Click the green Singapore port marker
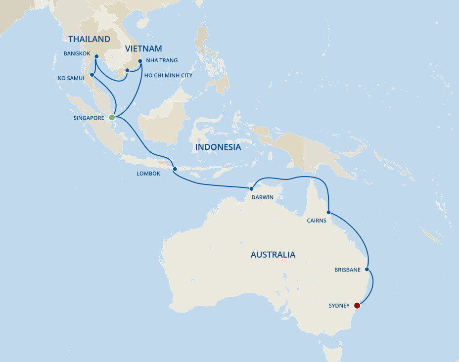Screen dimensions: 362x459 pyautogui.click(x=112, y=117)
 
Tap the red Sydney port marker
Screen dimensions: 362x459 pyautogui.click(x=358, y=306)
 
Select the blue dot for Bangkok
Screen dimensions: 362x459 pyautogui.click(x=96, y=56)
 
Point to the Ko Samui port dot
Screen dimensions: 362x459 pyautogui.click(x=92, y=75)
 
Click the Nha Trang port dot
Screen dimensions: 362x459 pyautogui.click(x=140, y=61)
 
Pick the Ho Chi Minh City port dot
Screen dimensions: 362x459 pyautogui.click(x=127, y=70)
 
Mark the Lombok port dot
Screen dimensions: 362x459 pyautogui.click(x=175, y=169)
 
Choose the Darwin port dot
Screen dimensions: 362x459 pyautogui.click(x=251, y=188)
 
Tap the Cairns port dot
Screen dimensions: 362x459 pyautogui.click(x=328, y=212)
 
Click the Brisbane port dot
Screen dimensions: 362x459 pyautogui.click(x=367, y=270)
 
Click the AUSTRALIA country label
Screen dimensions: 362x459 pyautogui.click(x=273, y=255)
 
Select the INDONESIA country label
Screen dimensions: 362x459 pyautogui.click(x=218, y=147)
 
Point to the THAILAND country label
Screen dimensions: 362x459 pyautogui.click(x=89, y=39)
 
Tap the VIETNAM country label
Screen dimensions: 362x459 pyautogui.click(x=143, y=48)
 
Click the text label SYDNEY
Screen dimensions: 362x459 pyautogui.click(x=339, y=306)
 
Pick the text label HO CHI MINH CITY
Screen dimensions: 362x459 pyautogui.click(x=168, y=76)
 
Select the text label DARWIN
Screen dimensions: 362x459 pyautogui.click(x=262, y=197)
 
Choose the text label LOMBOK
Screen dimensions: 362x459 pyautogui.click(x=148, y=174)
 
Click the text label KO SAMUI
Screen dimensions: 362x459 pyautogui.click(x=70, y=78)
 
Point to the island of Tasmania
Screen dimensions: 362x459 pyautogui.click(x=332, y=353)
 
